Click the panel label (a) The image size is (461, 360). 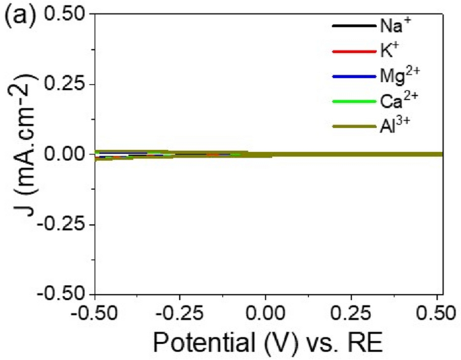tap(17, 15)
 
